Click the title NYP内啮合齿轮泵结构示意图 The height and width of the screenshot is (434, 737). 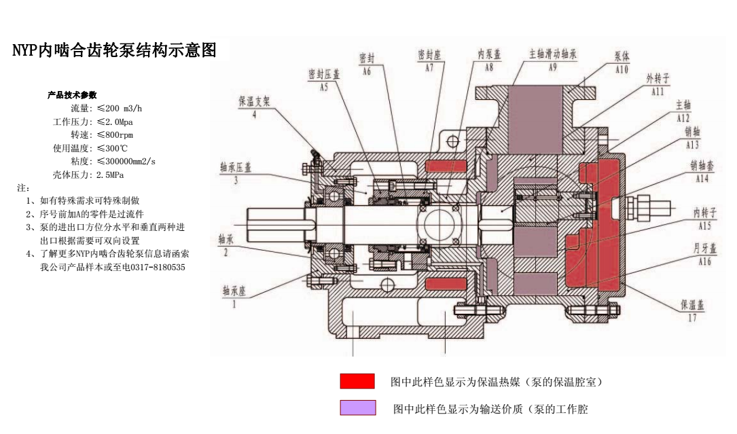point(115,50)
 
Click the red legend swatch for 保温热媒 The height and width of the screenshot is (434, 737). point(357,381)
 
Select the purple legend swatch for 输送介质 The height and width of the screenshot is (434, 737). point(357,408)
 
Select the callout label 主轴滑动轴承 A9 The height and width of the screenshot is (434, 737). point(552,59)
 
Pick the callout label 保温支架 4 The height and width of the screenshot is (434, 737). point(254,106)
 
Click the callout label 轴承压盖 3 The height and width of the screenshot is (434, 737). point(235,172)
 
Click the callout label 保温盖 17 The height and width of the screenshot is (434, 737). point(692,310)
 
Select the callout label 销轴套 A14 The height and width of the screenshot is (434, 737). point(702,171)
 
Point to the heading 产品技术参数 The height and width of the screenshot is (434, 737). point(71,95)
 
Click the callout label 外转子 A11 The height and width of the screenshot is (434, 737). point(657,84)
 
